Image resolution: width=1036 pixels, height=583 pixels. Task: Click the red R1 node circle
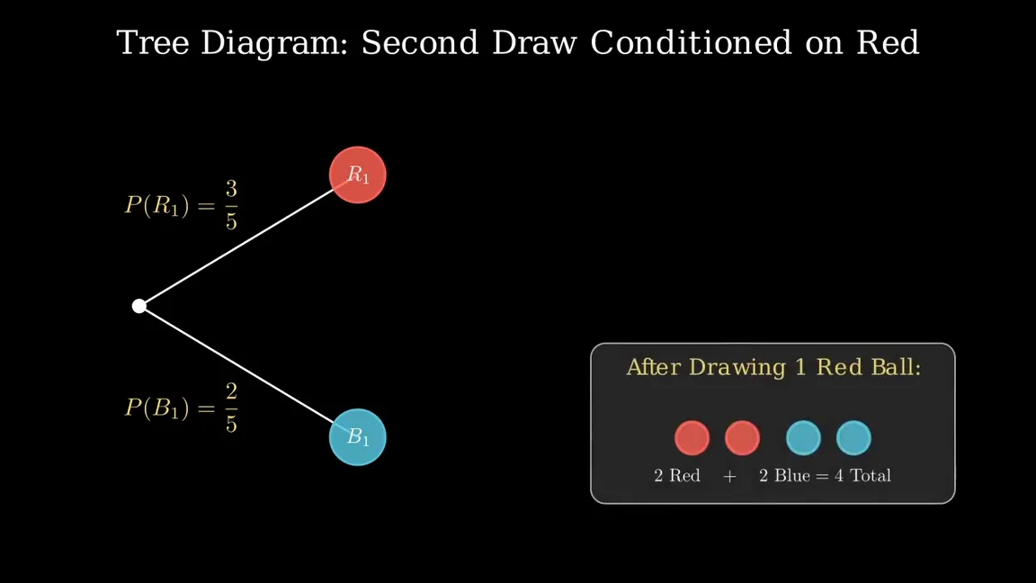click(357, 175)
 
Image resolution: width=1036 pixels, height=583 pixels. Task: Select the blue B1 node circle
click(357, 437)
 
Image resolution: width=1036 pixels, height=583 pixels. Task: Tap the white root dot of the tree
click(138, 306)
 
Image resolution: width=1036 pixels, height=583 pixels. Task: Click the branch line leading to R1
click(237, 247)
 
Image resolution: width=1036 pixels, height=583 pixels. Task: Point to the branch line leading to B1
click(237, 365)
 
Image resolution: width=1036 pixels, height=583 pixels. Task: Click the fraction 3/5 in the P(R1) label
click(231, 205)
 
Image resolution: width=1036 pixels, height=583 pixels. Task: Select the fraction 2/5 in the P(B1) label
click(231, 408)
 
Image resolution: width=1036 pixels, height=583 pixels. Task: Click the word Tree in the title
click(153, 43)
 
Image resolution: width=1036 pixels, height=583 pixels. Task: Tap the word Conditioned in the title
click(691, 43)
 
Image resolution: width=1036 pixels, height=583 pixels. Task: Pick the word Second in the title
click(420, 43)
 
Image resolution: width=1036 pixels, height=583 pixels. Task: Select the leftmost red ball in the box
click(692, 437)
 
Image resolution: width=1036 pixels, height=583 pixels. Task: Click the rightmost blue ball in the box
click(853, 437)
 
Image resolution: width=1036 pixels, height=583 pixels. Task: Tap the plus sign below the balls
click(729, 476)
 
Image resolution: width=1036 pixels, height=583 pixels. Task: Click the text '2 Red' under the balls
click(677, 475)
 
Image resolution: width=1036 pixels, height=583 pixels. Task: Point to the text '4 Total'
click(863, 475)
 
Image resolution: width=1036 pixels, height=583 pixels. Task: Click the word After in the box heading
click(653, 367)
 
